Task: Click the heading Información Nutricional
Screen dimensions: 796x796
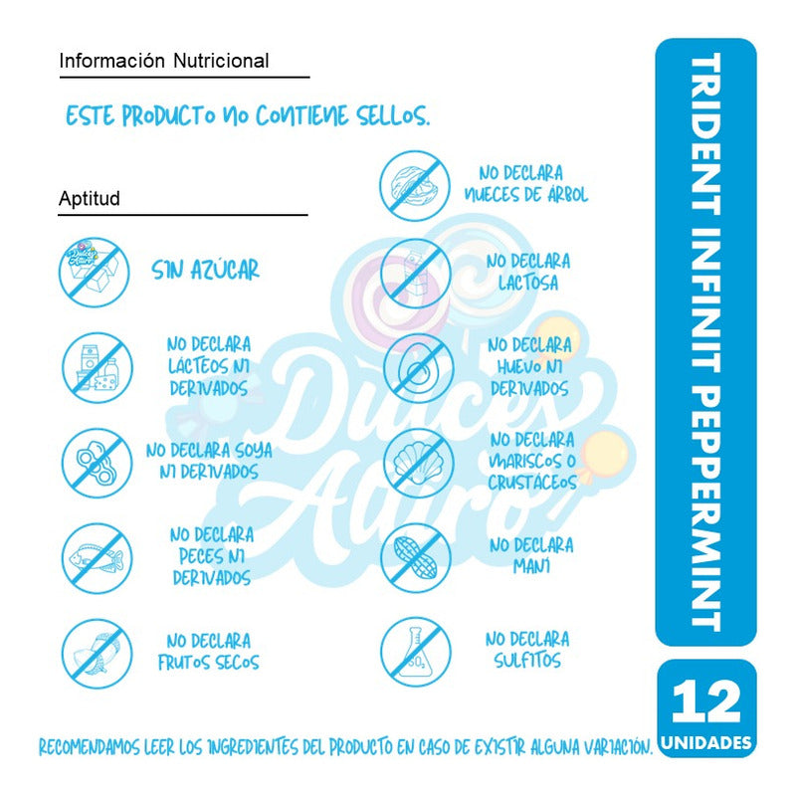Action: [164, 61]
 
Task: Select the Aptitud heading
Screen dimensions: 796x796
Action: [90, 198]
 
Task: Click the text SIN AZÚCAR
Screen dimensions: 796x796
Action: [206, 270]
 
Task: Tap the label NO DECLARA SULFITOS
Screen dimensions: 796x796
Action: [526, 650]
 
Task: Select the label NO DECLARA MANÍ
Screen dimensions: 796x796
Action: [530, 555]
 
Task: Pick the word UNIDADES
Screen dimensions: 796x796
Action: [705, 742]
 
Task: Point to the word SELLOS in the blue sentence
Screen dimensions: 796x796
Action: [393, 116]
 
